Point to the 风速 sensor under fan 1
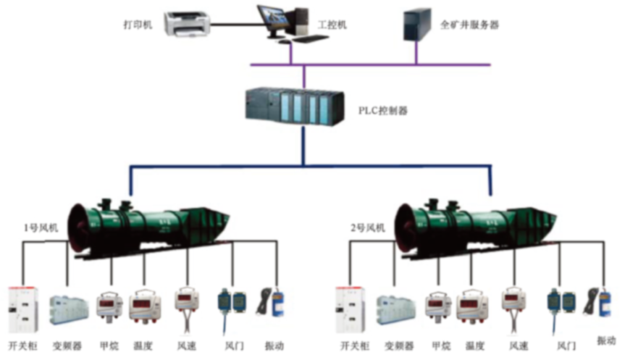[x=187, y=304]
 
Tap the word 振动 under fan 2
[x=606, y=340]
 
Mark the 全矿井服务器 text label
[x=469, y=25]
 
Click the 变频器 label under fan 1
[x=66, y=346]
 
